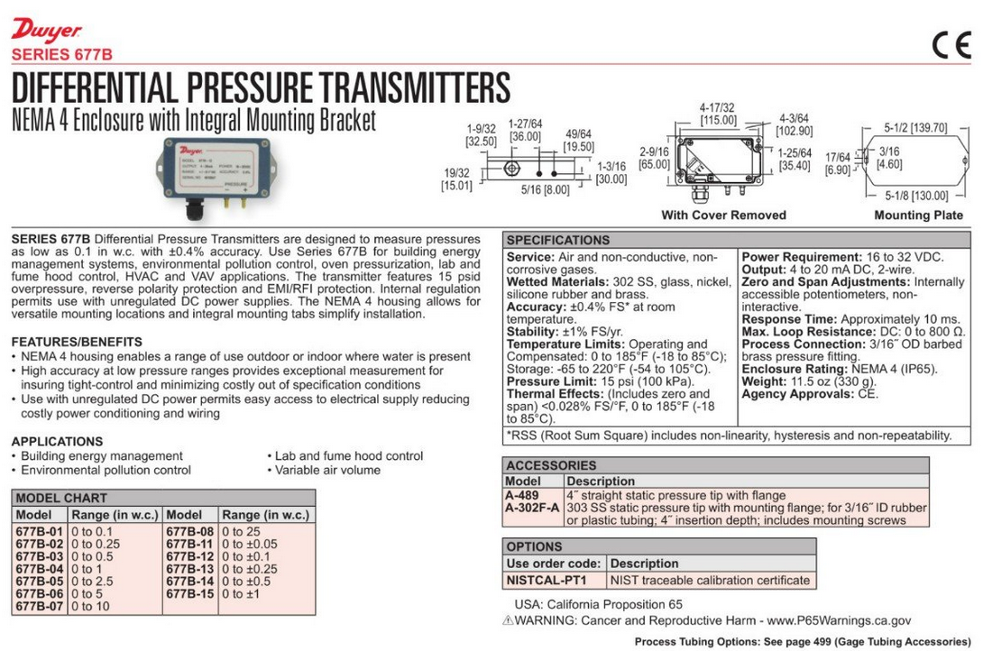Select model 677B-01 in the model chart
pyautogui.click(x=40, y=532)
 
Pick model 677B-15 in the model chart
pyautogui.click(x=189, y=595)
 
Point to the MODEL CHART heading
pyautogui.click(x=61, y=498)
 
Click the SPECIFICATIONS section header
pyautogui.click(x=557, y=241)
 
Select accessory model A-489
pyautogui.click(x=522, y=495)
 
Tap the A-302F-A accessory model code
pyautogui.click(x=532, y=508)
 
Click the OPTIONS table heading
pyautogui.click(x=534, y=547)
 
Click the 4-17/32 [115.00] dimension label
pyautogui.click(x=718, y=114)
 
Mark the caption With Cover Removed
pyautogui.click(x=723, y=215)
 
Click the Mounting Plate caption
pyautogui.click(x=918, y=215)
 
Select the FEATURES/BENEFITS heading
pyautogui.click(x=77, y=343)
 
